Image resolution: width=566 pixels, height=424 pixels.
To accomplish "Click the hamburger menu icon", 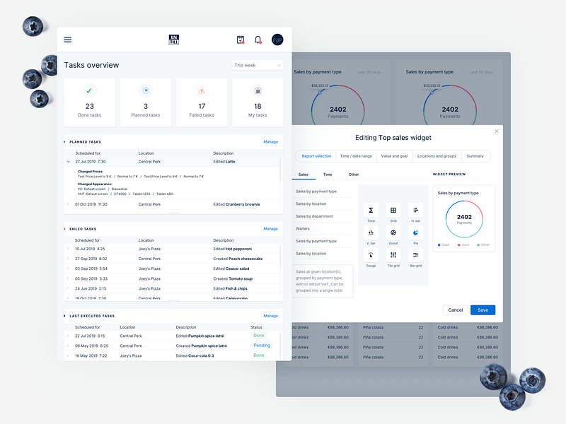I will coord(68,40).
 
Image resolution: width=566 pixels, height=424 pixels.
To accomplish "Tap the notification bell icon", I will coord(258,40).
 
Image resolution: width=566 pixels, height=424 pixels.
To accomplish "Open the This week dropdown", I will coord(258,65).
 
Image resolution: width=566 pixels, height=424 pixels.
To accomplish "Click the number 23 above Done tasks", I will coord(90,106).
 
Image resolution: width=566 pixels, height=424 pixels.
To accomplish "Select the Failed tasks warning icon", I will coord(202,90).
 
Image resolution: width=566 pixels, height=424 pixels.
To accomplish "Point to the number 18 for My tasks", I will coord(258,106).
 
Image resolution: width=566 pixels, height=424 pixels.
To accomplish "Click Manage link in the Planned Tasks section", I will coord(270,142).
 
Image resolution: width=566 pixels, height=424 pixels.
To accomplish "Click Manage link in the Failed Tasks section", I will coord(270,229).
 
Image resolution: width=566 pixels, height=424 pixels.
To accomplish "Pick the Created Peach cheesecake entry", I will coord(238,259).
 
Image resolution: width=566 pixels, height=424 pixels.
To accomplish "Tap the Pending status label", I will coord(262,346).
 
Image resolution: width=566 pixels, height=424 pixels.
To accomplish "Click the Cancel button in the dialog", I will coord(456,310).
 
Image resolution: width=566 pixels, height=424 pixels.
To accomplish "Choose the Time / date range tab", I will coord(356,156).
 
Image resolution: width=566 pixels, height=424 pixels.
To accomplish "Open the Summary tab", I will coord(475,156).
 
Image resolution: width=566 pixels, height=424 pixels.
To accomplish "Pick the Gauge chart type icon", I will coord(371,255).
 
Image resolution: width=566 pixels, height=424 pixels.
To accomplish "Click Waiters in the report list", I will coord(303,229).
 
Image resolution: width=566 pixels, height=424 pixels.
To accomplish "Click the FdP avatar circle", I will coord(277,40).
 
